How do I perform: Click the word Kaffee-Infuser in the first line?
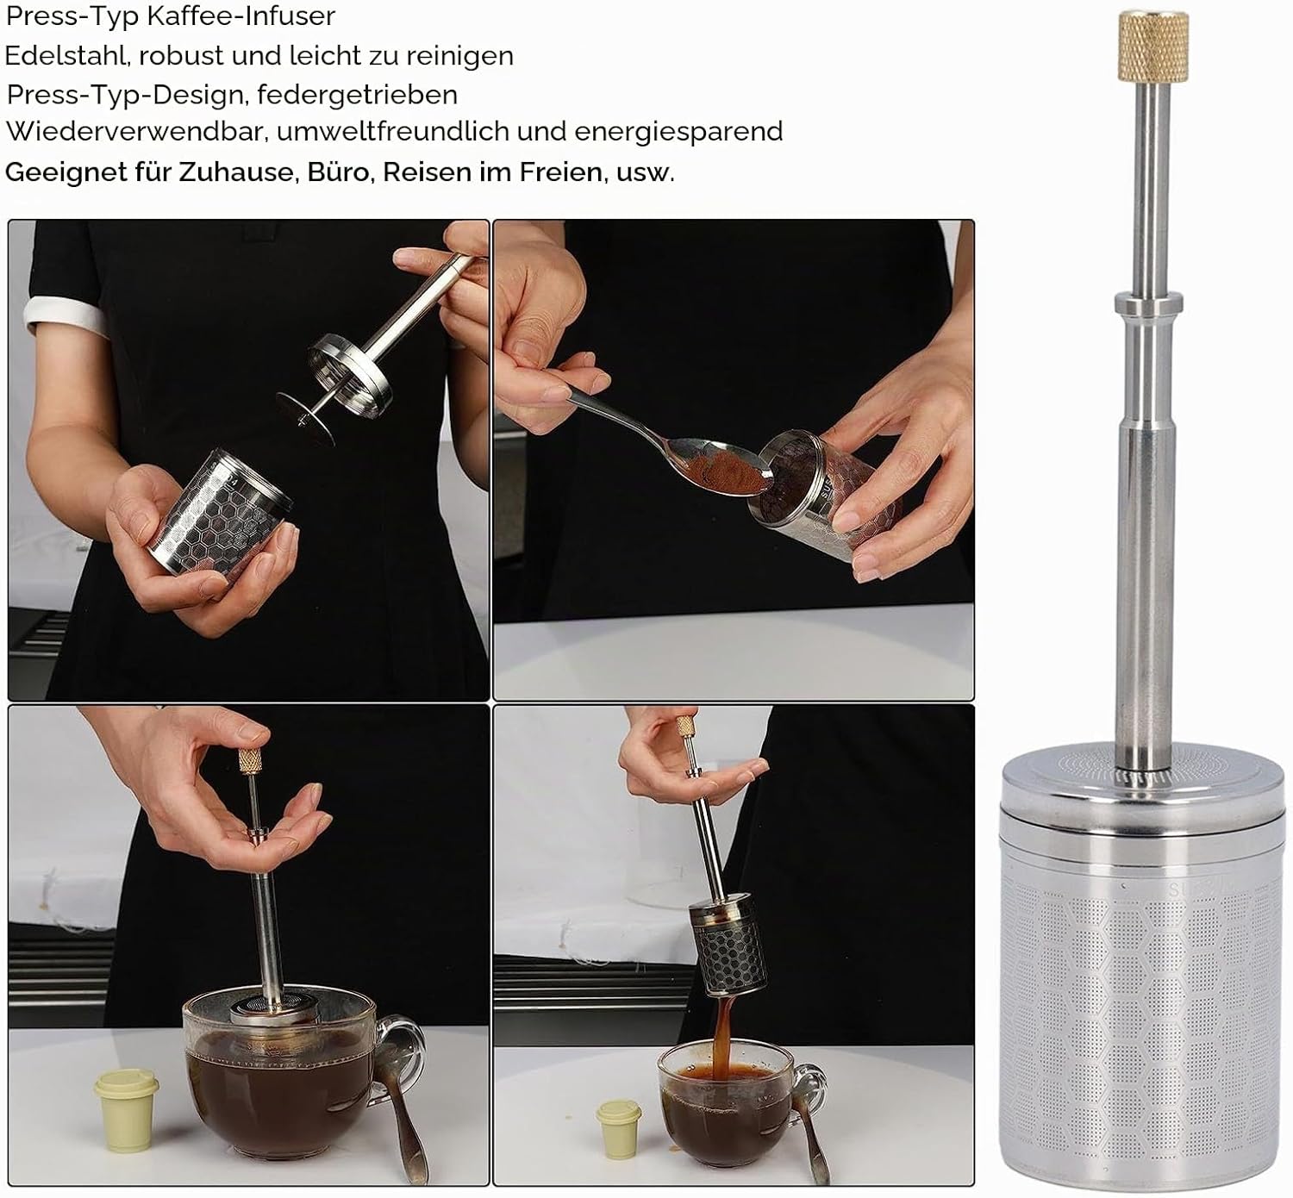coord(240,16)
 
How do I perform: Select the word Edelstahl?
coord(63,56)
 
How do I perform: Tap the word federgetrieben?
coord(358,95)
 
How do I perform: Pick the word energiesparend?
coord(678,132)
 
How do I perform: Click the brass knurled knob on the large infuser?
coord(1153,47)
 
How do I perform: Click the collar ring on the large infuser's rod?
coord(1148,303)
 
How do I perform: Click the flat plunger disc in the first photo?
coord(305,419)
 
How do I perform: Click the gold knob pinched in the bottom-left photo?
coord(250,760)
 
